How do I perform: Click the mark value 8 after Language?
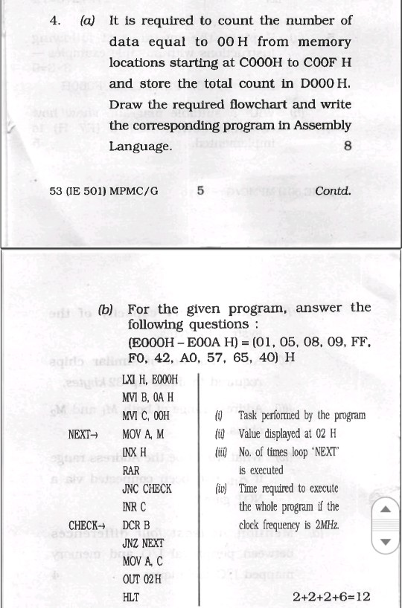click(x=348, y=146)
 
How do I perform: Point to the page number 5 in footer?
click(x=201, y=190)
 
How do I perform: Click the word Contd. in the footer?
click(x=333, y=191)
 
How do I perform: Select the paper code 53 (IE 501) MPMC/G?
click(x=103, y=191)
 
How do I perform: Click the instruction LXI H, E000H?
click(x=150, y=380)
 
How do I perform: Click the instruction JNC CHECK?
click(x=147, y=489)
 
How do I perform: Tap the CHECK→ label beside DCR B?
click(x=88, y=525)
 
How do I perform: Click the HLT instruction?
click(x=130, y=598)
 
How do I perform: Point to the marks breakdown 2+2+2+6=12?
click(x=331, y=597)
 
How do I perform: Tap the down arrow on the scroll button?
click(x=385, y=542)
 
